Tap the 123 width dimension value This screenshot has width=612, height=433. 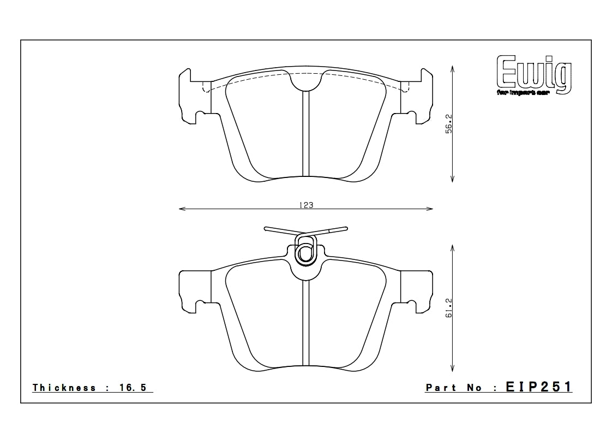306,205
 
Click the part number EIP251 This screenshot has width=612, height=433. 539,387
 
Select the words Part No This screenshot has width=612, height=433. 454,388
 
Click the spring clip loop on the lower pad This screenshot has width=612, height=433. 305,252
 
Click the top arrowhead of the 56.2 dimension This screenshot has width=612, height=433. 452,68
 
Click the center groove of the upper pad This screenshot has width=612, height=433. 305,134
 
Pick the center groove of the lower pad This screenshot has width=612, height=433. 305,325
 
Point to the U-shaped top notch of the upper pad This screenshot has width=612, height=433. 305,82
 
